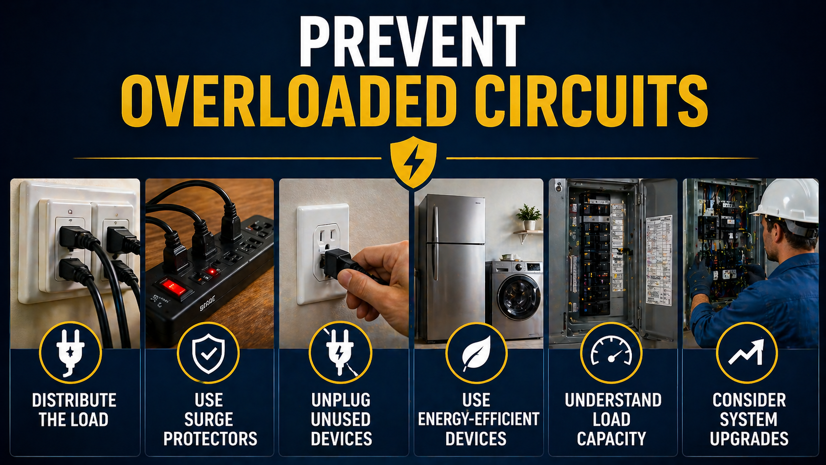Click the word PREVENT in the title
pos(412,42)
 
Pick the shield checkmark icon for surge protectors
pos(208,353)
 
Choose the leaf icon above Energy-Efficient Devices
pos(476,353)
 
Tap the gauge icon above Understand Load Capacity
pos(611,353)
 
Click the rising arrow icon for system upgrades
pos(746,353)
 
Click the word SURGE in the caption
pos(208,420)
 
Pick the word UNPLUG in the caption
pos(341,400)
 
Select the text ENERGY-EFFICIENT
pos(478,419)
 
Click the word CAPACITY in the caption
pos(612,439)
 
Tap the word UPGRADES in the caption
pos(749,439)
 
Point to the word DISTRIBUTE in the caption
pos(74,400)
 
